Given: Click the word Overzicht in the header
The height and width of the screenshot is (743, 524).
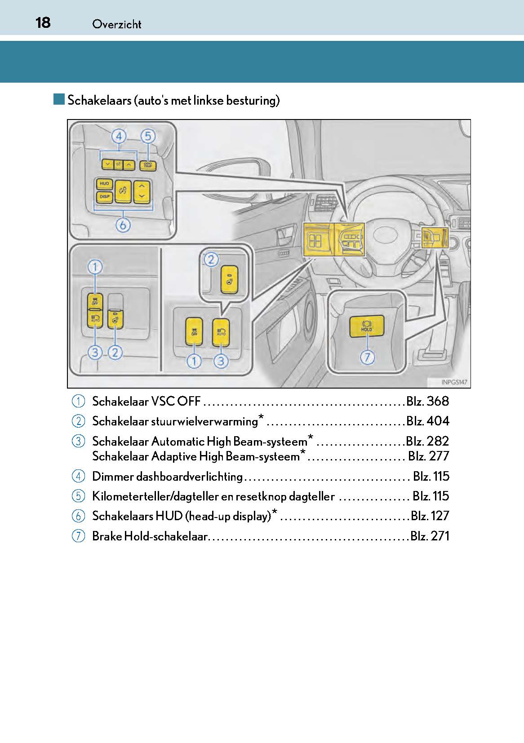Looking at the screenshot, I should (x=116, y=24).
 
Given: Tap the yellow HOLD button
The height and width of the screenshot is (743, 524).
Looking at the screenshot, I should (x=367, y=327).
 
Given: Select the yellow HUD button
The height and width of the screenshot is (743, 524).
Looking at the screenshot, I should (x=104, y=184).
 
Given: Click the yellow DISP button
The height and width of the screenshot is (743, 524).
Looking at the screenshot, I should (x=104, y=197).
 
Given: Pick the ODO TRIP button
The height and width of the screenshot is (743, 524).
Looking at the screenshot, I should (x=147, y=165).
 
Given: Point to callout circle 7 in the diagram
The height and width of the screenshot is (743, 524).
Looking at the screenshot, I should (x=368, y=358).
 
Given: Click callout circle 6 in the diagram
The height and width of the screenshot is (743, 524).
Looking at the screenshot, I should (x=123, y=225).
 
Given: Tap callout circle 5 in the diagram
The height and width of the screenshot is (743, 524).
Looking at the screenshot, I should (x=148, y=136).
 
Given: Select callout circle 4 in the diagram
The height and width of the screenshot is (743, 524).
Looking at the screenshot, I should (x=119, y=136).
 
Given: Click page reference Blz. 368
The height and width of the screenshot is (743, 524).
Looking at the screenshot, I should (x=427, y=401).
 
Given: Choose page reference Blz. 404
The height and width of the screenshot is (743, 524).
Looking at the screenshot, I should (x=427, y=421).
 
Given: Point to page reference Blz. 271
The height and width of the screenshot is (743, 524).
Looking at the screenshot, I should (x=429, y=536).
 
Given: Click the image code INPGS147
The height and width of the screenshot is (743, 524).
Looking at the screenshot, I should (x=454, y=382).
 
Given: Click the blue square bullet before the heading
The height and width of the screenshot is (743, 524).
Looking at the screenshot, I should (x=59, y=99).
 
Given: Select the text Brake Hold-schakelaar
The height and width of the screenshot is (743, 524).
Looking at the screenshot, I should (x=150, y=536).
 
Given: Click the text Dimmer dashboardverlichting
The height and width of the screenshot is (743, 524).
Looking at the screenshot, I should (x=167, y=476).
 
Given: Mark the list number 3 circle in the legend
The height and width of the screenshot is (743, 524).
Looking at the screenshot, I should (x=78, y=441).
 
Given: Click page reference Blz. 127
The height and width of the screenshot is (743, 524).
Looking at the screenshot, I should (x=430, y=516).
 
